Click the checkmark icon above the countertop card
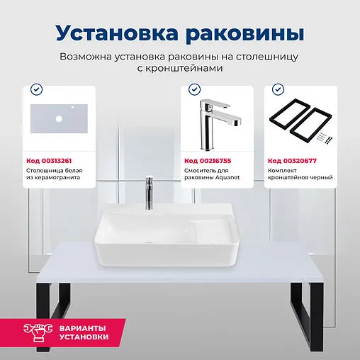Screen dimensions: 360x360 click(35, 90)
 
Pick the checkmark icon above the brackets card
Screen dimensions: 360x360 click(277, 90)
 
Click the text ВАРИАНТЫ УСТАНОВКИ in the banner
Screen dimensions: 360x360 click(85, 332)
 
